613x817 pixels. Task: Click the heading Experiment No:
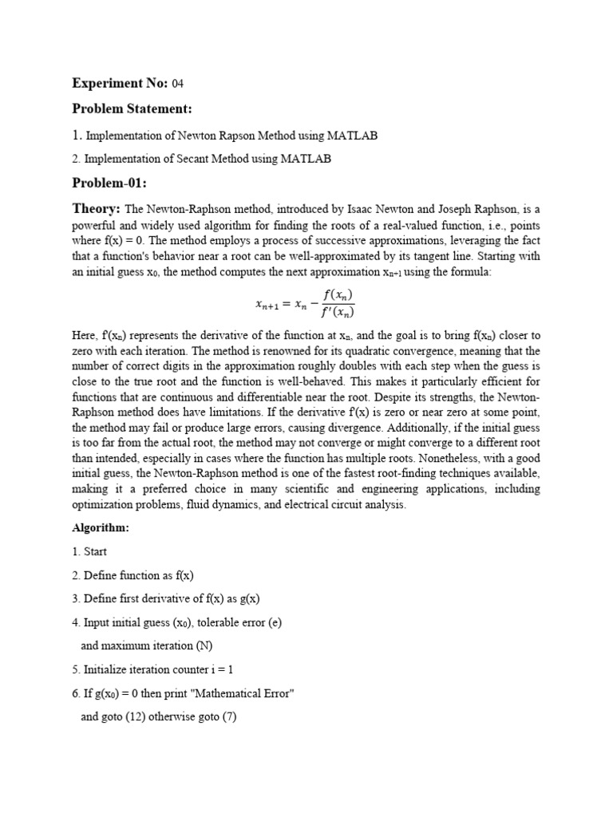[120, 83]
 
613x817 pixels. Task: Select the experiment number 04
[178, 84]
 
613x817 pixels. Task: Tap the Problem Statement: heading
[132, 109]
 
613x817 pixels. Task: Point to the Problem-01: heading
[109, 184]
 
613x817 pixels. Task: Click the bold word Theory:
[96, 208]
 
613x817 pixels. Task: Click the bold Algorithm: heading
[100, 528]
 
